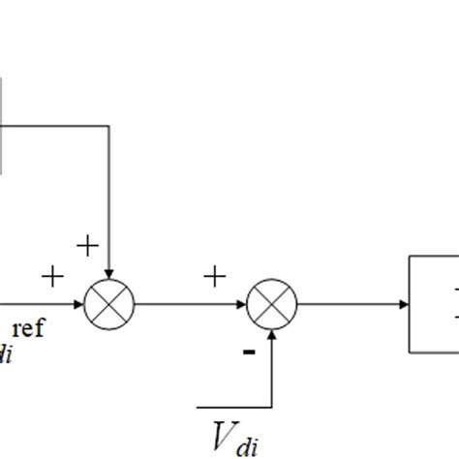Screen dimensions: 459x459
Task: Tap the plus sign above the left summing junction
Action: coord(86,246)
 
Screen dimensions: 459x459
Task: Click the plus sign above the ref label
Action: coord(51,279)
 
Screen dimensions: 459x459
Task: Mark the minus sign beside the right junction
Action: coord(249,352)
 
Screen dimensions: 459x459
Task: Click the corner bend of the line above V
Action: coord(272,404)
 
